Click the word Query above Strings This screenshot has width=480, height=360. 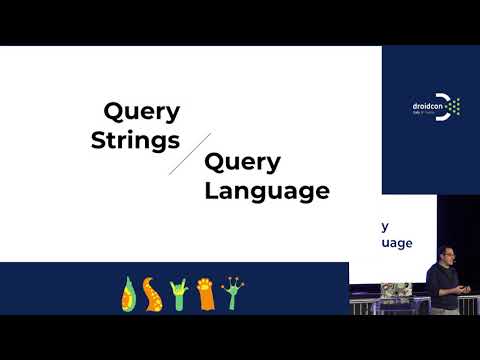coord(143,112)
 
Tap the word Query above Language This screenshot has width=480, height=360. coord(244,162)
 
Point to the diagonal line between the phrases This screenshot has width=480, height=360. coord(190,153)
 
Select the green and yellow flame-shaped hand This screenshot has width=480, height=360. coord(130,295)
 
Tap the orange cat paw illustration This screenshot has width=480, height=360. coord(205,293)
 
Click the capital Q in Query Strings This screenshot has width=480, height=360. coord(114,110)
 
